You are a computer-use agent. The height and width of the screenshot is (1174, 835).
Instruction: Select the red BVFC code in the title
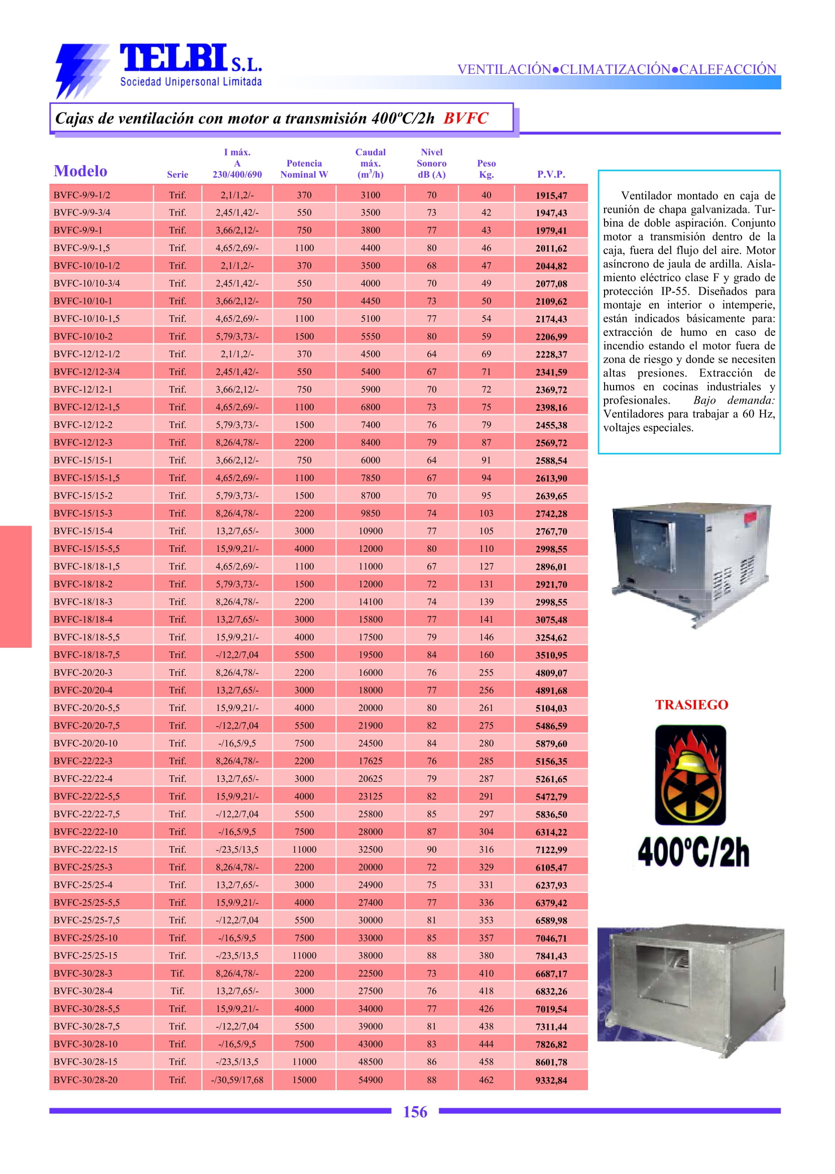pos(465,119)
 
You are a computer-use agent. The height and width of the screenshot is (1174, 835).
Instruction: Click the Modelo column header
pos(80,171)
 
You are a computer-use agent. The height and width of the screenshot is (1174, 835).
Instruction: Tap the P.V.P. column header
pos(551,174)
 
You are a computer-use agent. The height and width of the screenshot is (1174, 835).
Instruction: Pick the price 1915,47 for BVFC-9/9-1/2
pos(551,195)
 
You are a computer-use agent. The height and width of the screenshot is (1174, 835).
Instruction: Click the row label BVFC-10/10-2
pos(83,336)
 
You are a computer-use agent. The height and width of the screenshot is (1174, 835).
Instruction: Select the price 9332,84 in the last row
pos(551,1081)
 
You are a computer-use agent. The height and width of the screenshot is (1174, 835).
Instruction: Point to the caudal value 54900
pos(370,1080)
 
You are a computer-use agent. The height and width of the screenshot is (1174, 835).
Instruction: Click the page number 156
pos(415,1112)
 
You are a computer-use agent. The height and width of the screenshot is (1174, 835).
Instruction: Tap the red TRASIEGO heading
pos(691,705)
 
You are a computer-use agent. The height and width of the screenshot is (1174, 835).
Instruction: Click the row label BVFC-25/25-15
pos(85,956)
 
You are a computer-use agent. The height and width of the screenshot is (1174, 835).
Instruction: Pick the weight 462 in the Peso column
pos(486,1080)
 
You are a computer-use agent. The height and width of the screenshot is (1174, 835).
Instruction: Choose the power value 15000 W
pos(304,1080)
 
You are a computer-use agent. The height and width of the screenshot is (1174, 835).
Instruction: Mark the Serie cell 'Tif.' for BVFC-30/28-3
pos(177,974)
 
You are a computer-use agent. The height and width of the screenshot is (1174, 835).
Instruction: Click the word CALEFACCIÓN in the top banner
pos(728,69)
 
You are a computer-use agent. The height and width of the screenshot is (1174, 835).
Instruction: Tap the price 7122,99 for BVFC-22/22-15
pos(551,850)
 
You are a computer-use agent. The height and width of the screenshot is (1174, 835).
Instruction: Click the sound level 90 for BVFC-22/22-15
pos(431,850)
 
